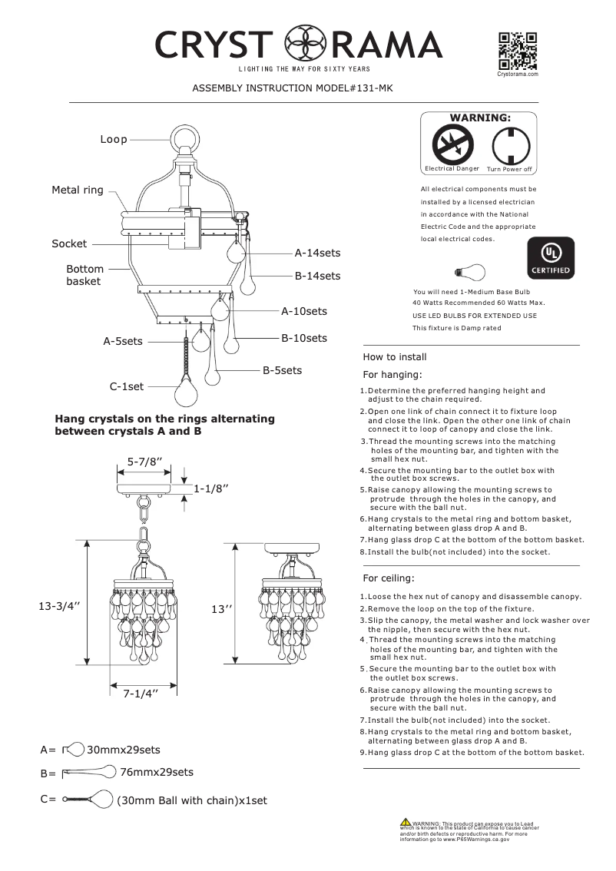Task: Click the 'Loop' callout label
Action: [x=114, y=139]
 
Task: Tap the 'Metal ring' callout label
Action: [x=77, y=190]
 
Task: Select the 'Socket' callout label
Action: [x=69, y=243]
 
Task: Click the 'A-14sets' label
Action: [x=317, y=252]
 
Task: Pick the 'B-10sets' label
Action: [x=303, y=338]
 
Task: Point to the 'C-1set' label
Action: [x=127, y=387]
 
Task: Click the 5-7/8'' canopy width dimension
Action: [x=144, y=462]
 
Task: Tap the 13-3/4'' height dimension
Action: [x=60, y=606]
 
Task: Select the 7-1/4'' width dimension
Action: [x=141, y=694]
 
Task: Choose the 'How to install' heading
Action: [x=394, y=357]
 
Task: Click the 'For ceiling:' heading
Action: [x=388, y=578]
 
